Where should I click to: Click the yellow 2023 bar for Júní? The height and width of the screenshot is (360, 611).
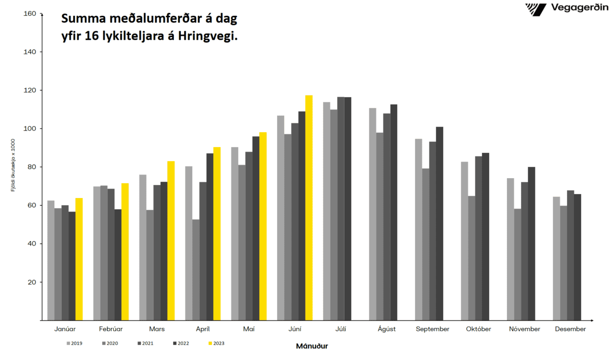tap(309, 208)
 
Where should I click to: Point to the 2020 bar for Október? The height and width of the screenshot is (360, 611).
tap(472, 258)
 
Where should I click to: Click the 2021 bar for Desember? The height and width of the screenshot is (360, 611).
tap(570, 255)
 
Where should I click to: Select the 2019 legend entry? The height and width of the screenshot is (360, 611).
tap(73, 343)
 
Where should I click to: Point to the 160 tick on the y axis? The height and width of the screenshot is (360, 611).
tap(30, 14)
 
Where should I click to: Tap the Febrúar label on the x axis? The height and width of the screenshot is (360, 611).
tap(110, 329)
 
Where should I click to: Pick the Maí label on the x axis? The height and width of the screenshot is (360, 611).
tap(248, 329)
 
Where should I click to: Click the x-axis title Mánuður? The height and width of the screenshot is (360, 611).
tap(312, 346)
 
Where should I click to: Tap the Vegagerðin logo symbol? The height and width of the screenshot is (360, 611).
tap(536, 9)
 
